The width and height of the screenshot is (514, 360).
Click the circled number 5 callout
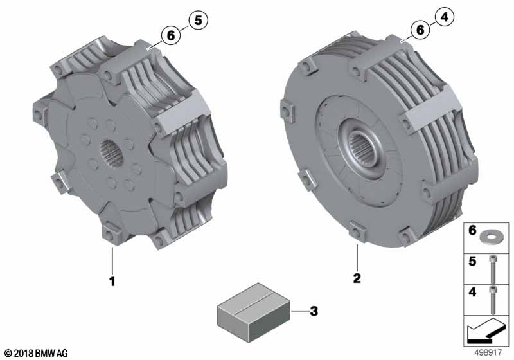point(199,21)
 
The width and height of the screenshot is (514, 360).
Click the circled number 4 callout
point(445,17)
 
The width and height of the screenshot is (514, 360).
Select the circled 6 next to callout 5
point(171,35)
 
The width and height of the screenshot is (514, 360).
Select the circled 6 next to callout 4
point(420,30)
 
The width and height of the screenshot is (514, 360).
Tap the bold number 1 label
point(112,282)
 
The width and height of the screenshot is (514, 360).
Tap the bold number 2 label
point(357,278)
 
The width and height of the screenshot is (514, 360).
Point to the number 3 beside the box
point(314,310)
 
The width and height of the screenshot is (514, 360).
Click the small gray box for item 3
point(253,312)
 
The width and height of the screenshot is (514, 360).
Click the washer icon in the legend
point(489,236)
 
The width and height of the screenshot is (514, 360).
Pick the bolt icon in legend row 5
point(492,269)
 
